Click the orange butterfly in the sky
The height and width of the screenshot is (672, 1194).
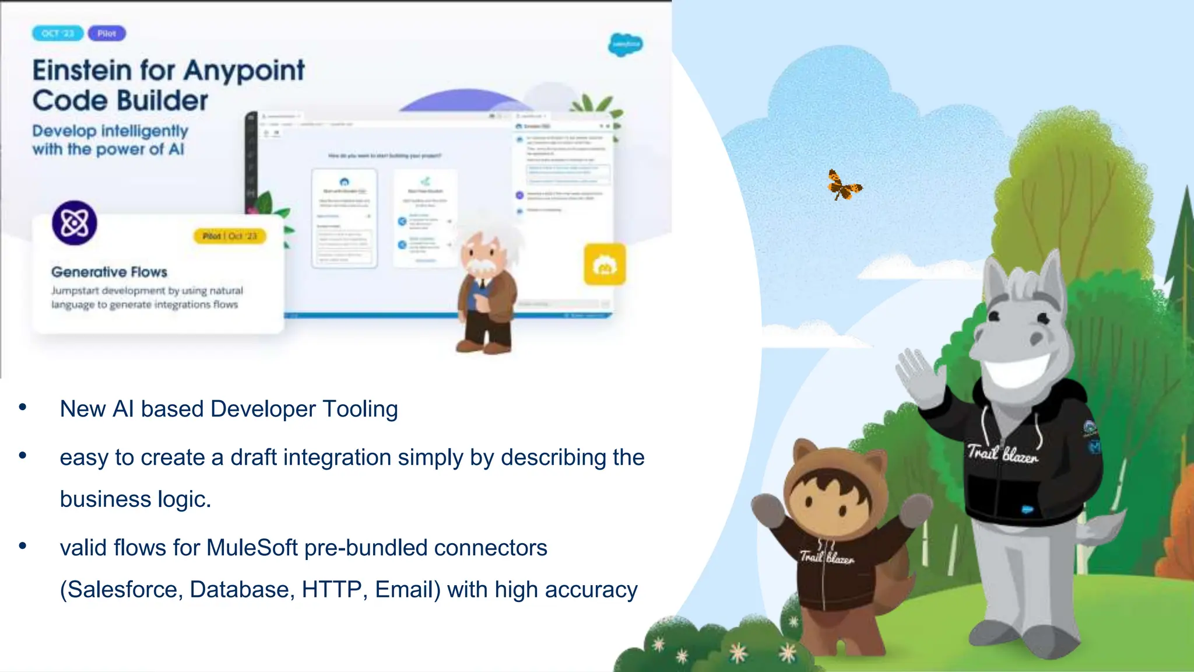[x=844, y=185]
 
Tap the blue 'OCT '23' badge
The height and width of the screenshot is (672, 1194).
[x=58, y=33]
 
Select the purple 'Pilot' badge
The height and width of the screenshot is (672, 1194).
[x=107, y=33]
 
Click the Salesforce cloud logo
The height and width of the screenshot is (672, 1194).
[x=625, y=44]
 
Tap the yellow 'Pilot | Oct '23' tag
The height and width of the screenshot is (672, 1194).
[x=230, y=236]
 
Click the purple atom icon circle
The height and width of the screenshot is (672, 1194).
[x=75, y=223]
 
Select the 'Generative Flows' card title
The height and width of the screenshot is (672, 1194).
[x=109, y=272]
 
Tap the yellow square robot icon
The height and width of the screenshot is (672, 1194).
[x=605, y=265]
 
